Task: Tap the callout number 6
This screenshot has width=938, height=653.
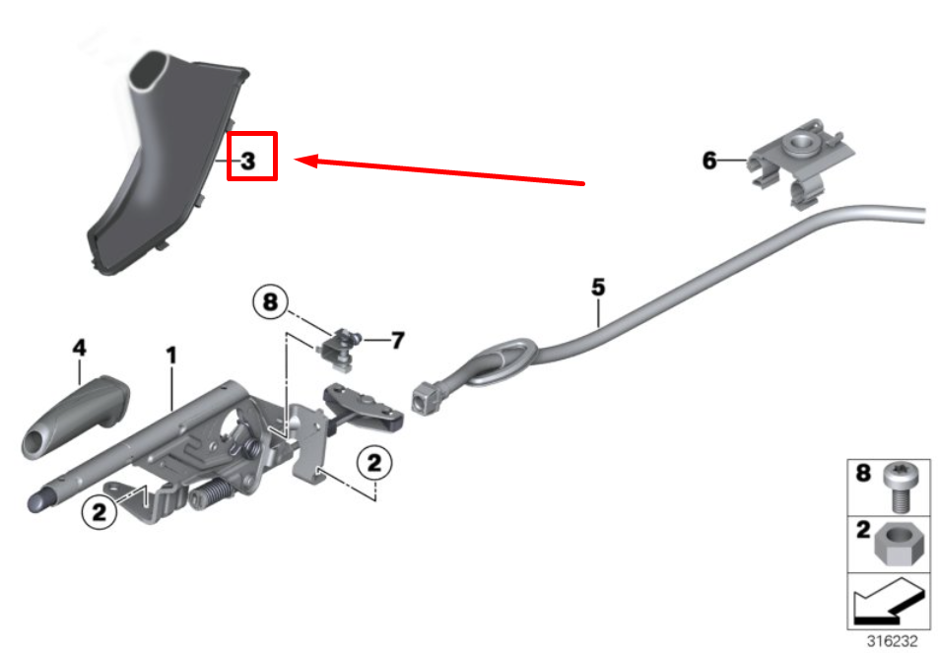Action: [709, 161]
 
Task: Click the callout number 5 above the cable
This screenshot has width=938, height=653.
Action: [598, 288]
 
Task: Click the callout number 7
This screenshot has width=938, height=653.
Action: [397, 341]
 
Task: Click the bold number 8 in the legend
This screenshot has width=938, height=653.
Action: [863, 474]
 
